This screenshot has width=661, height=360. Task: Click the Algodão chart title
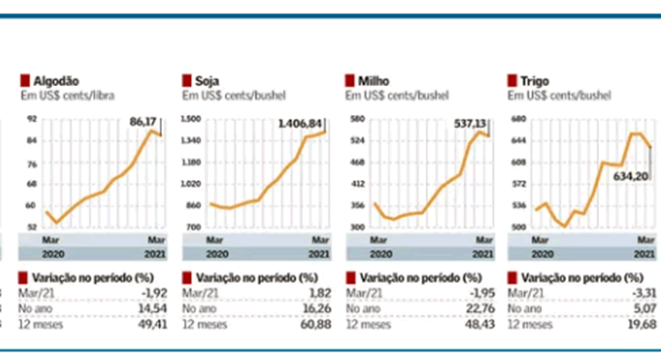coord(55,81)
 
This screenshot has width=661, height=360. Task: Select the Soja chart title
coord(206,81)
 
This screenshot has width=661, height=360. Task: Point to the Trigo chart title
coord(534,81)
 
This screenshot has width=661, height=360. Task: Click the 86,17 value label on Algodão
coord(143,123)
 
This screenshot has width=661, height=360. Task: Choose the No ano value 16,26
coord(315,308)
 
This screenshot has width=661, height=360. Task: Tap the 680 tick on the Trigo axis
coord(518,119)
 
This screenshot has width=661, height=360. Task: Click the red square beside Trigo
coord(513,81)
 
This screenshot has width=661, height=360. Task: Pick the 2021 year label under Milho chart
coord(482,253)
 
